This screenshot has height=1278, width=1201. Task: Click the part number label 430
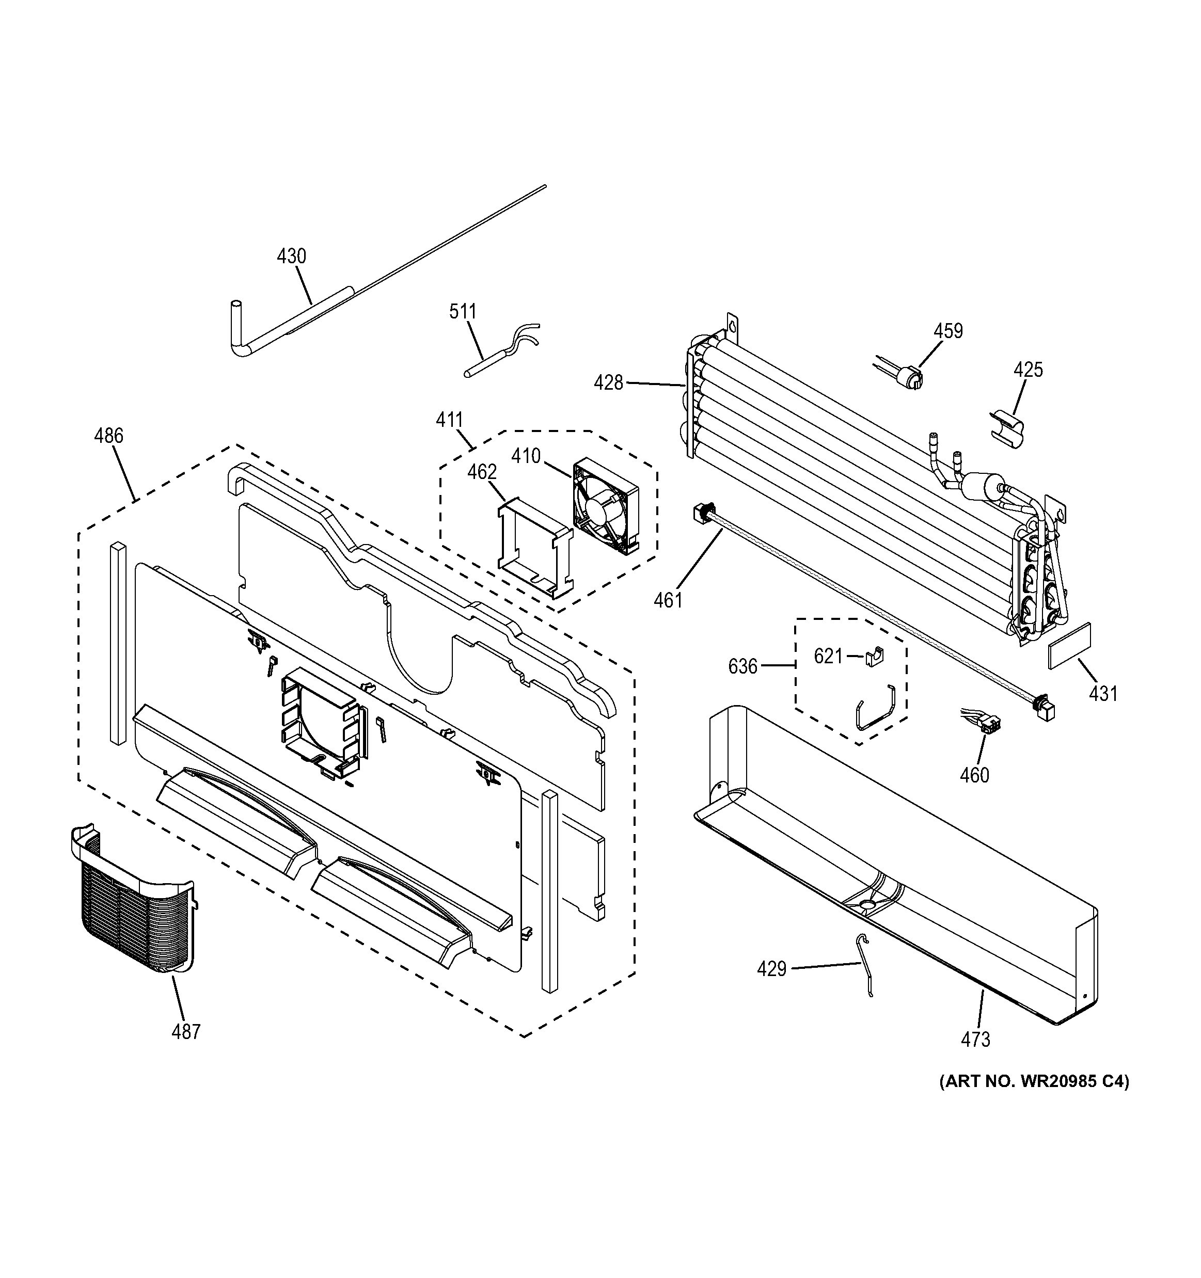click(x=291, y=257)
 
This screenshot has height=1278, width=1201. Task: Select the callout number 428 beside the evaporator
click(x=608, y=383)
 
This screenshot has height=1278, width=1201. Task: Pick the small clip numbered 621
click(x=874, y=657)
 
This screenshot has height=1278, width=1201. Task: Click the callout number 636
click(x=742, y=667)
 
